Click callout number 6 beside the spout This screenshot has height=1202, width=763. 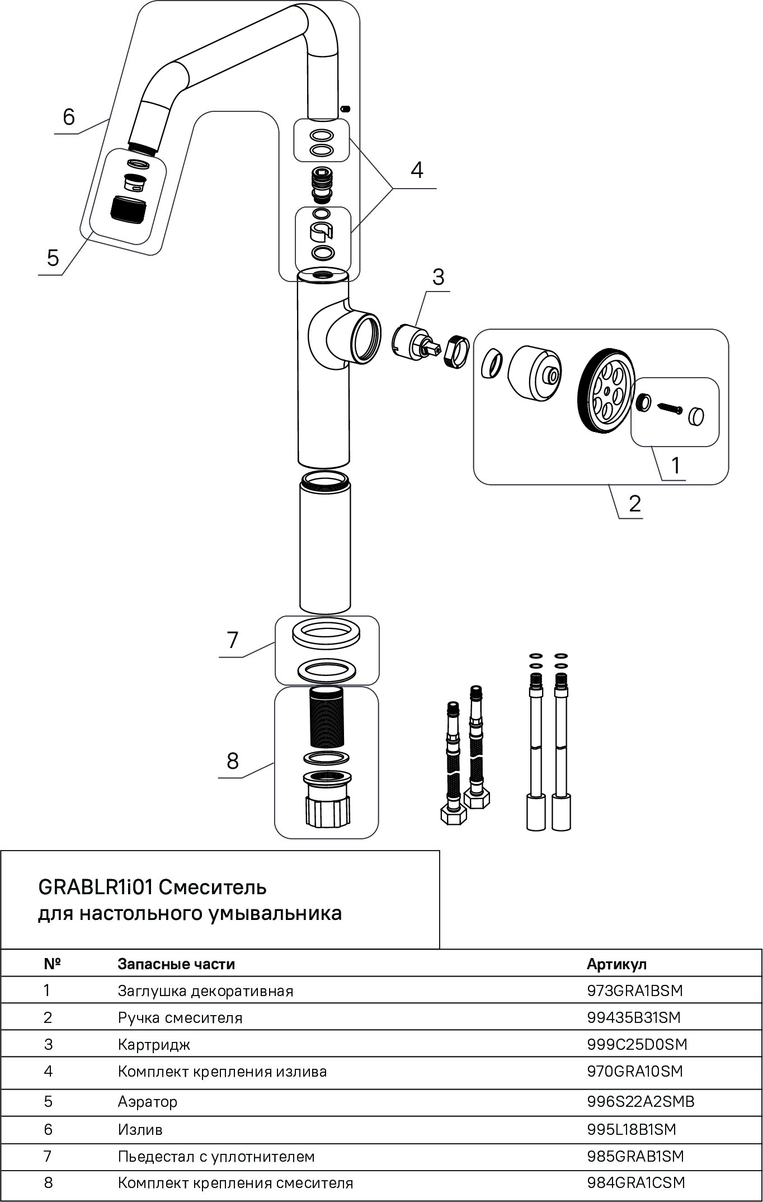coord(68,118)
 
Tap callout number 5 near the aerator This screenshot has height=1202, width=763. coord(53,259)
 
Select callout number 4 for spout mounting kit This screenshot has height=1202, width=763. coord(417,170)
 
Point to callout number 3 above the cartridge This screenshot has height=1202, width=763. coord(438,276)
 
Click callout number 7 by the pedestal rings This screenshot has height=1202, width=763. coord(233,640)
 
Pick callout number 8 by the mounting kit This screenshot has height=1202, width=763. coord(233,761)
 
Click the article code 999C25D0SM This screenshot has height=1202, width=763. coord(637,1044)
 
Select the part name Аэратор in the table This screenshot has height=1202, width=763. coord(148,1102)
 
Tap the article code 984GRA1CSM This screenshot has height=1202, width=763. coord(636,1183)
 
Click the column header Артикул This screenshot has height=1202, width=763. coord(616,964)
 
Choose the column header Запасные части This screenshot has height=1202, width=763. coord(176,964)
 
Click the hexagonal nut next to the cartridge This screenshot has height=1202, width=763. coord(456,351)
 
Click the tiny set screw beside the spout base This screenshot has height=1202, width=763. coord(346,107)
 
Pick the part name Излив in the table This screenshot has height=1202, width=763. coord(140,1129)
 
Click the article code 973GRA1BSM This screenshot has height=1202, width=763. coord(635,990)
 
